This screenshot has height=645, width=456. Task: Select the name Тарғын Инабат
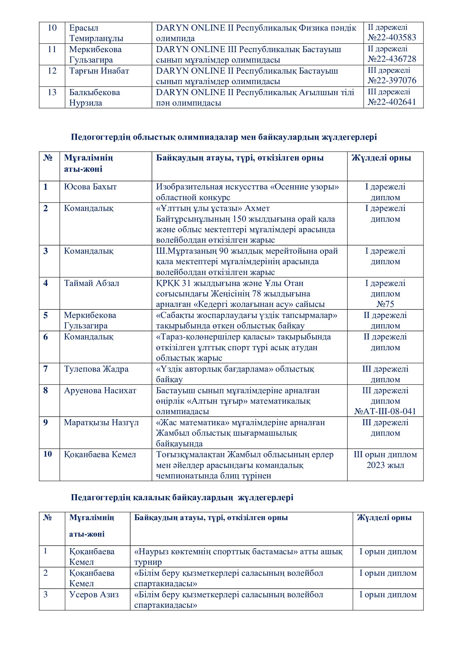tap(99, 71)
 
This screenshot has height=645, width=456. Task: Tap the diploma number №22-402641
tap(392, 102)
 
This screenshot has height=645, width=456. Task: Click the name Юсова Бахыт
tap(90, 187)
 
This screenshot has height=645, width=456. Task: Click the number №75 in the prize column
tap(385, 304)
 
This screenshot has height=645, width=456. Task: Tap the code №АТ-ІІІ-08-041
tap(385, 411)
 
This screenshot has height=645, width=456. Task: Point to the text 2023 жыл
tap(385, 465)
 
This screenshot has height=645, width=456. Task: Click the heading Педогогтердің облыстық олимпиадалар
tap(224, 137)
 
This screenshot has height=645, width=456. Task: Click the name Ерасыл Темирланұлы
tap(96, 33)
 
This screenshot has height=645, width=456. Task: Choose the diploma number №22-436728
tap(392, 59)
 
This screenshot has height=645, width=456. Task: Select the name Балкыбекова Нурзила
tap(95, 97)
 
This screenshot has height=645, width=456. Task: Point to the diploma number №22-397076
tap(392, 81)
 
